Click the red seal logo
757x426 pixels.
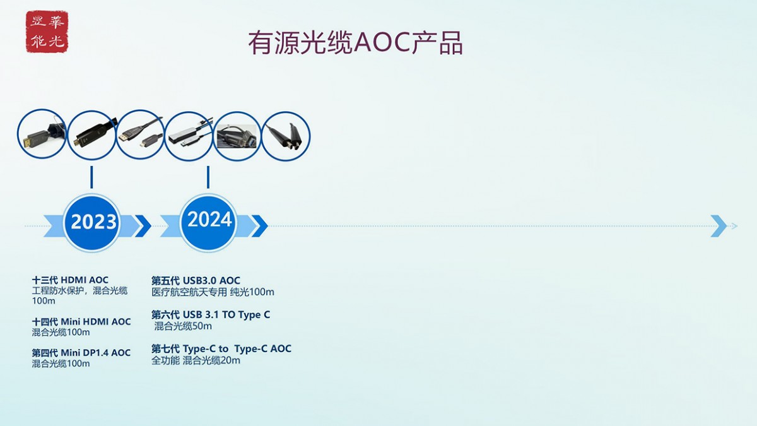pyautogui.click(x=47, y=32)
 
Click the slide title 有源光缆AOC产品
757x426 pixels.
pyautogui.click(x=355, y=43)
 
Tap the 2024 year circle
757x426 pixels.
pyautogui.click(x=208, y=222)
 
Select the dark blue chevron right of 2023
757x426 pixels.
pyautogui.click(x=143, y=226)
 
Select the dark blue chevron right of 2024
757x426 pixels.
pyautogui.click(x=259, y=226)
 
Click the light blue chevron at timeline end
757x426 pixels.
pyautogui.click(x=719, y=226)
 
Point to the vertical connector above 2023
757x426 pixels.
pyautogui.click(x=91, y=177)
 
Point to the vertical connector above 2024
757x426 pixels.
pyautogui.click(x=208, y=177)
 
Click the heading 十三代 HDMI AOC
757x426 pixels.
pyautogui.click(x=70, y=280)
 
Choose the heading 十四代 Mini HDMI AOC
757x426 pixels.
pyautogui.click(x=81, y=321)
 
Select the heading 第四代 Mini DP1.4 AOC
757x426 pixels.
pyautogui.click(x=81, y=353)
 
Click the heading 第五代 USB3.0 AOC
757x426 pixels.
pyautogui.click(x=196, y=281)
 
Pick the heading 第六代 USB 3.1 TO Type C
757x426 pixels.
pyautogui.click(x=211, y=315)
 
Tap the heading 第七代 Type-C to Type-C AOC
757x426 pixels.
pyautogui.click(x=221, y=348)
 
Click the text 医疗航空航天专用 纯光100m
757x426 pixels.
pyautogui.click(x=213, y=292)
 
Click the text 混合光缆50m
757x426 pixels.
pyautogui.click(x=183, y=326)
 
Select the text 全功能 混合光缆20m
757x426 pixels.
pyautogui.click(x=196, y=360)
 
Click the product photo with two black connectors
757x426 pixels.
pyautogui.click(x=286, y=136)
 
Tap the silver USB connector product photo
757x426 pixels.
pyautogui.click(x=189, y=136)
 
